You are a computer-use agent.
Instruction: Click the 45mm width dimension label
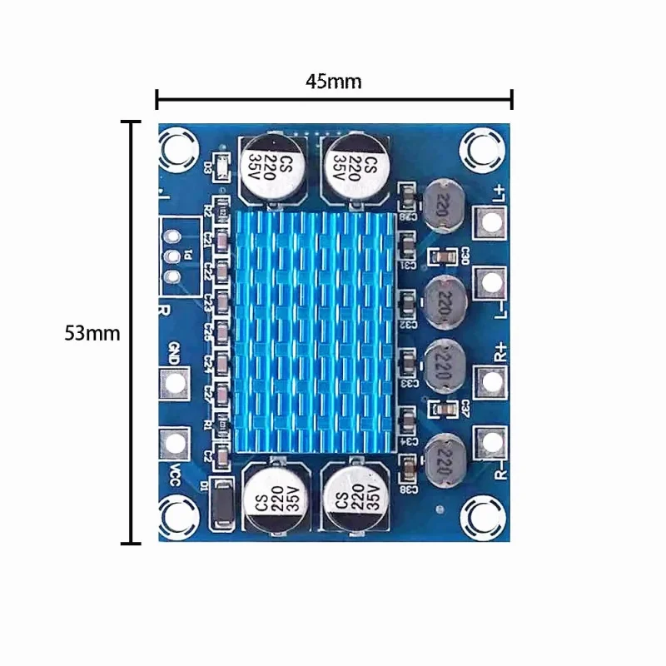[x=333, y=82]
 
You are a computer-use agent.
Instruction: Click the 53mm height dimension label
[x=92, y=333]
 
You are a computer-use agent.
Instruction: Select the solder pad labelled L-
[x=491, y=284]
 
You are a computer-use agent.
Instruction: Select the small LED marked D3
[x=222, y=166]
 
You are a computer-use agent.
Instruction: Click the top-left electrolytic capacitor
[x=273, y=168]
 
